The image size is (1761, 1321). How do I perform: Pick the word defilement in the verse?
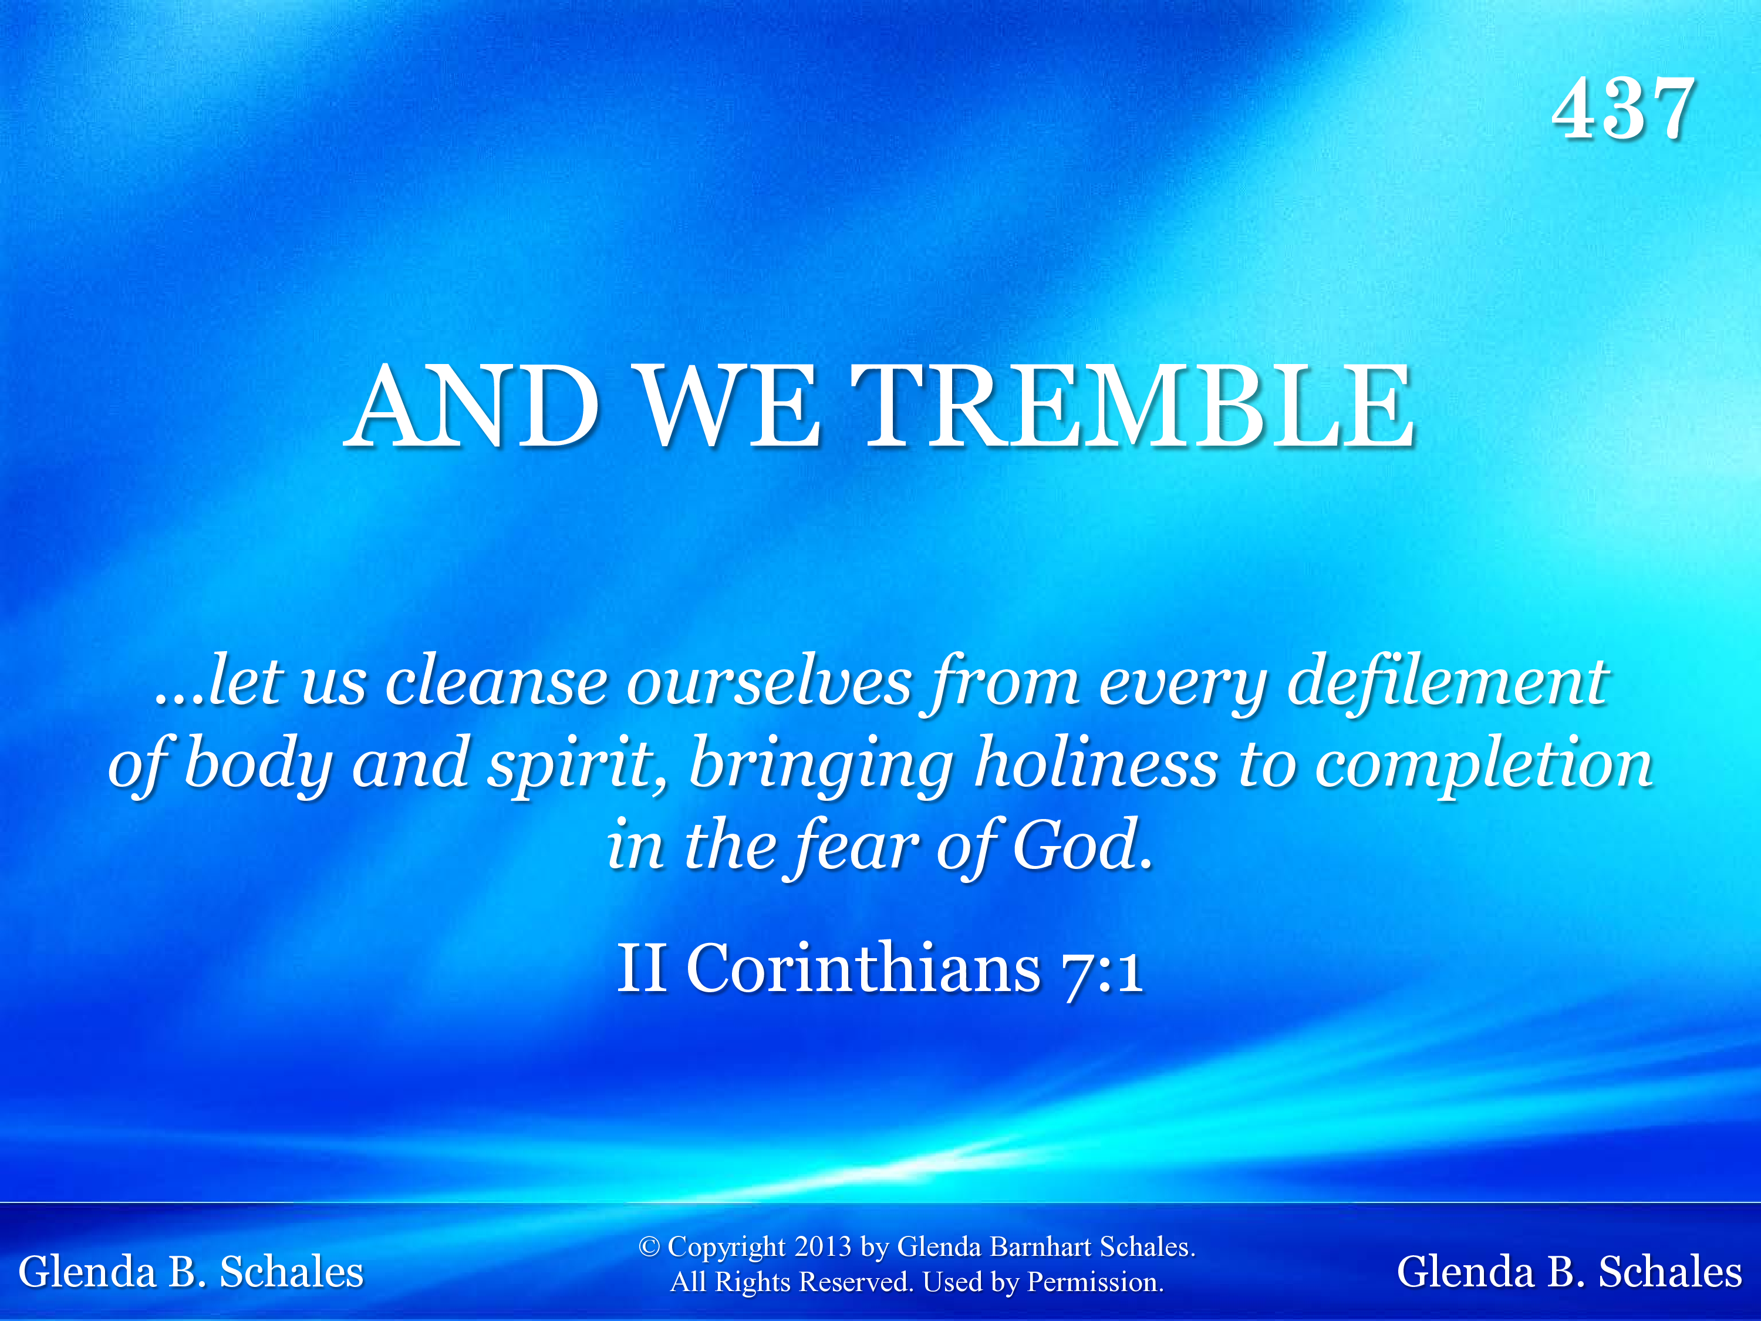(x=1448, y=682)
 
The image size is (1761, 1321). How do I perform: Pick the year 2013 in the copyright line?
(x=822, y=1246)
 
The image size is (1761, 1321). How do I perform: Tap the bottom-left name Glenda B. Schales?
(x=191, y=1272)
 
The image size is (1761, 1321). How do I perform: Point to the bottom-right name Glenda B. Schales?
(x=1570, y=1272)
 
